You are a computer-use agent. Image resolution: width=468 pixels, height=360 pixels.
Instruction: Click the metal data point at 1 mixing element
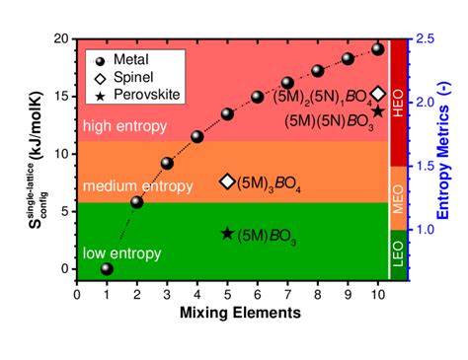pyautogui.click(x=107, y=268)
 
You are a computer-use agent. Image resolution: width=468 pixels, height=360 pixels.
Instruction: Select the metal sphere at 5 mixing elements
pyautogui.click(x=227, y=114)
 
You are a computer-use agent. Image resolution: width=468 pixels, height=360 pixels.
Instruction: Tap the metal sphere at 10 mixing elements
pyautogui.click(x=378, y=49)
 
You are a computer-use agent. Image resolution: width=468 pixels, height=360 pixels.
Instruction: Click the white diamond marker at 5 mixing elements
pyautogui.click(x=227, y=181)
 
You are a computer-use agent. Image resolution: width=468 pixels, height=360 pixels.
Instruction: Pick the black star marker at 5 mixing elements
pyautogui.click(x=227, y=234)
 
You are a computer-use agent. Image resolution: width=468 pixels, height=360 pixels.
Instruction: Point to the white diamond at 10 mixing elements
pyautogui.click(x=378, y=94)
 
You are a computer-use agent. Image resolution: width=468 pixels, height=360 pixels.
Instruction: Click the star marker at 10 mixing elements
pyautogui.click(x=378, y=111)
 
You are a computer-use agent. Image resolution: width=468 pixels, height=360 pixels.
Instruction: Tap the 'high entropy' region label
pyautogui.click(x=127, y=127)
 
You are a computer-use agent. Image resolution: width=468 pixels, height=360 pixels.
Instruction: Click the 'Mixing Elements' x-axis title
pyautogui.click(x=241, y=315)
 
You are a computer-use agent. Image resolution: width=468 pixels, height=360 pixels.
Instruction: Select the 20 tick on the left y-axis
pyautogui.click(x=63, y=39)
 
